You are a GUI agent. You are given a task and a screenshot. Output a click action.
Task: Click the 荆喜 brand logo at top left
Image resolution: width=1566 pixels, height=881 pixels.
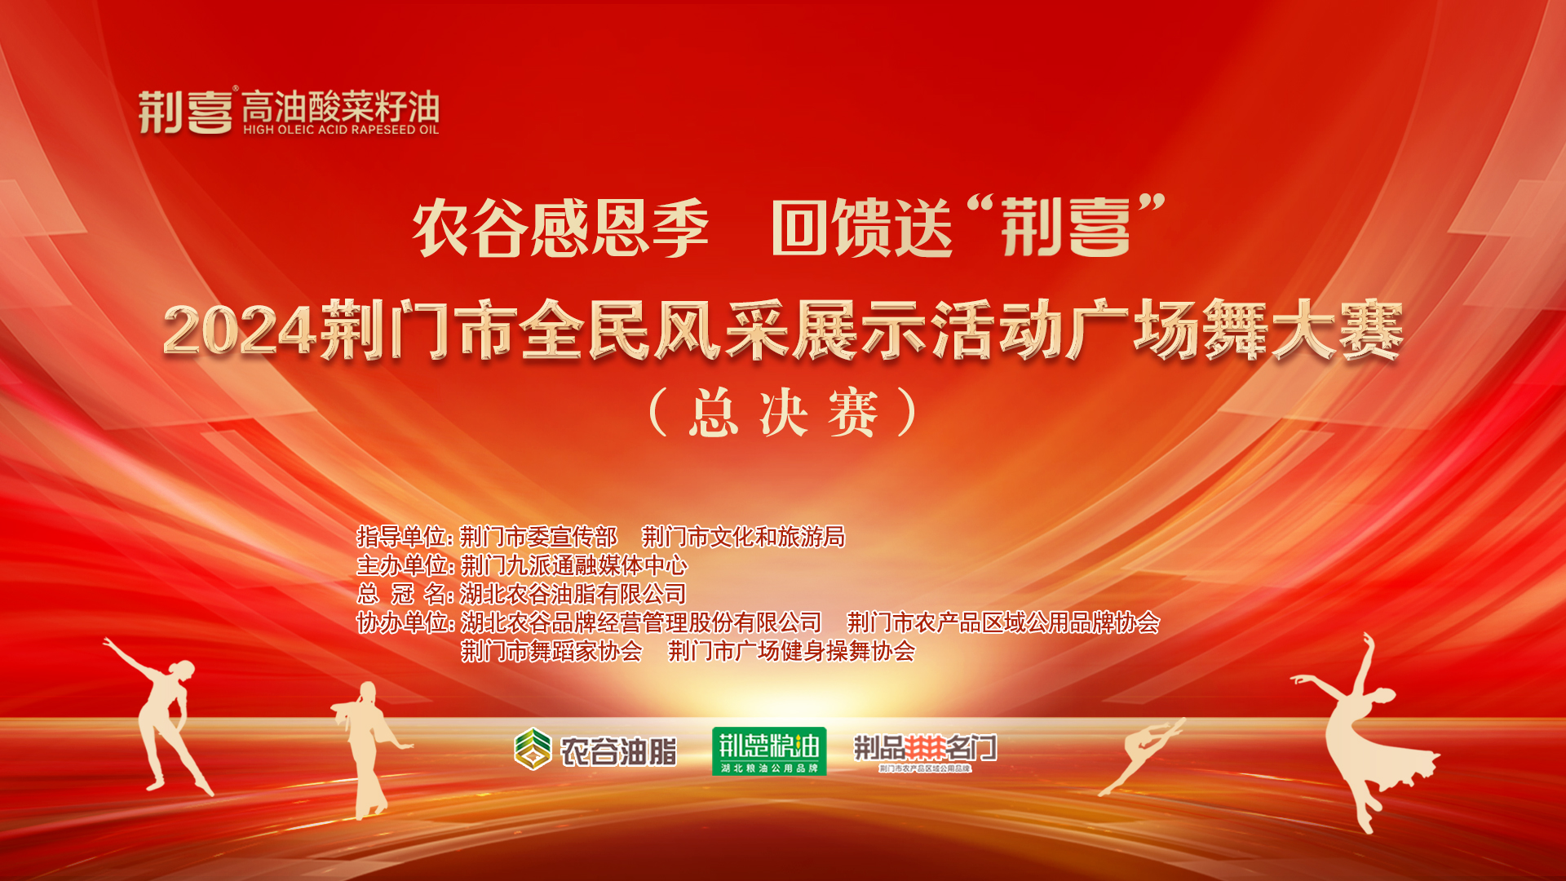pos(186,112)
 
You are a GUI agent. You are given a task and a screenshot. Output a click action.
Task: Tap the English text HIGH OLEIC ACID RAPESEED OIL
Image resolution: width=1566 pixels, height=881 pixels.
pos(341,130)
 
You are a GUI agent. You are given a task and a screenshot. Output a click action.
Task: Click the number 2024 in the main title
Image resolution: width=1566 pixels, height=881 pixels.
pos(239,331)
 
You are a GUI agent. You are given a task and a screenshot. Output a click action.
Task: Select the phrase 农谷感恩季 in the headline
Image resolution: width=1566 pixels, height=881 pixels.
pos(560,228)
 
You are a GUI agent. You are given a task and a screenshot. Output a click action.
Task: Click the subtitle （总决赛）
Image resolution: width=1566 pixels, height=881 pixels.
pos(784,413)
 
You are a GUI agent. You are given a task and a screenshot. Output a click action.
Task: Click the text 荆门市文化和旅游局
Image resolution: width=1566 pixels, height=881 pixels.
pos(743,537)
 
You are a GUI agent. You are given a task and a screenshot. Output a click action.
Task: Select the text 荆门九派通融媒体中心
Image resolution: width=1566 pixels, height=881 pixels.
pos(574,565)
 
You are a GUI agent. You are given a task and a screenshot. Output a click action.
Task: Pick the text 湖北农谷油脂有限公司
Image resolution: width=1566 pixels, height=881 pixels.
pos(573,594)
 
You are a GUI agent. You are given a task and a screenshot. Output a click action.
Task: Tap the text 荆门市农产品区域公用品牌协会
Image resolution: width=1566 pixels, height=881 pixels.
pos(1003,622)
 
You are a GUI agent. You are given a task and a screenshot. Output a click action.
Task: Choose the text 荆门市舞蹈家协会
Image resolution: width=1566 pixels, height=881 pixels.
pos(551,651)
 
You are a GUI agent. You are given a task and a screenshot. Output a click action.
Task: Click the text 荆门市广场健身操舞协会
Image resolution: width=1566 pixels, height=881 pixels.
pos(791,651)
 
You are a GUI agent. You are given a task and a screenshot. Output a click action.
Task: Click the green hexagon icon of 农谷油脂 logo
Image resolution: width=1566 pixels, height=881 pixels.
pos(533,749)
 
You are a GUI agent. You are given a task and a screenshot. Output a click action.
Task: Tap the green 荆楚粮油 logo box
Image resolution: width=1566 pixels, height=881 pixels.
pos(769,751)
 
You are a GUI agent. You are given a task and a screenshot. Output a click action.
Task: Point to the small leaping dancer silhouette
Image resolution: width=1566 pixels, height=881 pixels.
pos(1142,755)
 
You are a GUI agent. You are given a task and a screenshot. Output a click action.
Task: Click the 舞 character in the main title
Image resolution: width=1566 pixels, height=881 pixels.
pos(1236,330)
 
